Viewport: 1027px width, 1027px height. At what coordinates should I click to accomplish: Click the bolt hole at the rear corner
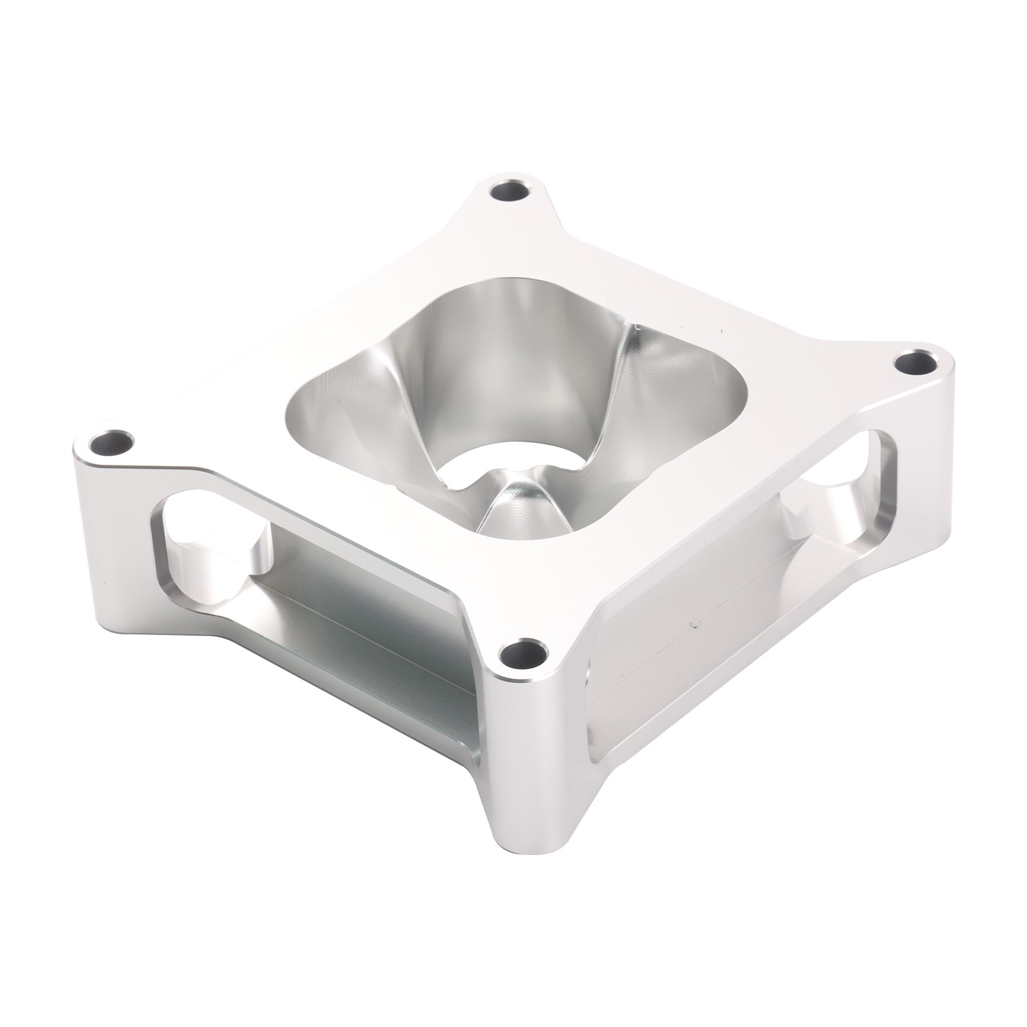click(511, 191)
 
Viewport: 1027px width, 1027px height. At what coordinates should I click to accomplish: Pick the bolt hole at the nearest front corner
click(522, 655)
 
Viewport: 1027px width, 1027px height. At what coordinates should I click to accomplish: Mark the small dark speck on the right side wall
click(692, 623)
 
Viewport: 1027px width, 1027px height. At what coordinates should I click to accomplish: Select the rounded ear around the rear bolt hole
click(488, 186)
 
